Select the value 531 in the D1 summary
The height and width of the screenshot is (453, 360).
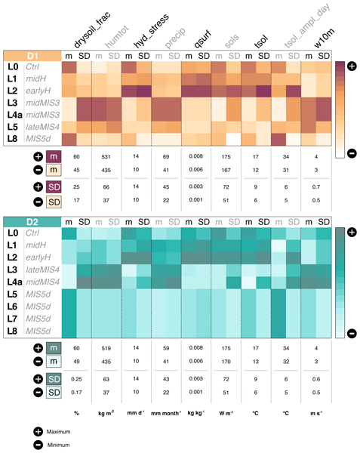pyautogui.click(x=106, y=156)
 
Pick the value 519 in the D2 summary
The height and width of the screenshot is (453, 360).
pyautogui.click(x=106, y=348)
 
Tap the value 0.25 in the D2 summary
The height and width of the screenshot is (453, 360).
pyautogui.click(x=76, y=378)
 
